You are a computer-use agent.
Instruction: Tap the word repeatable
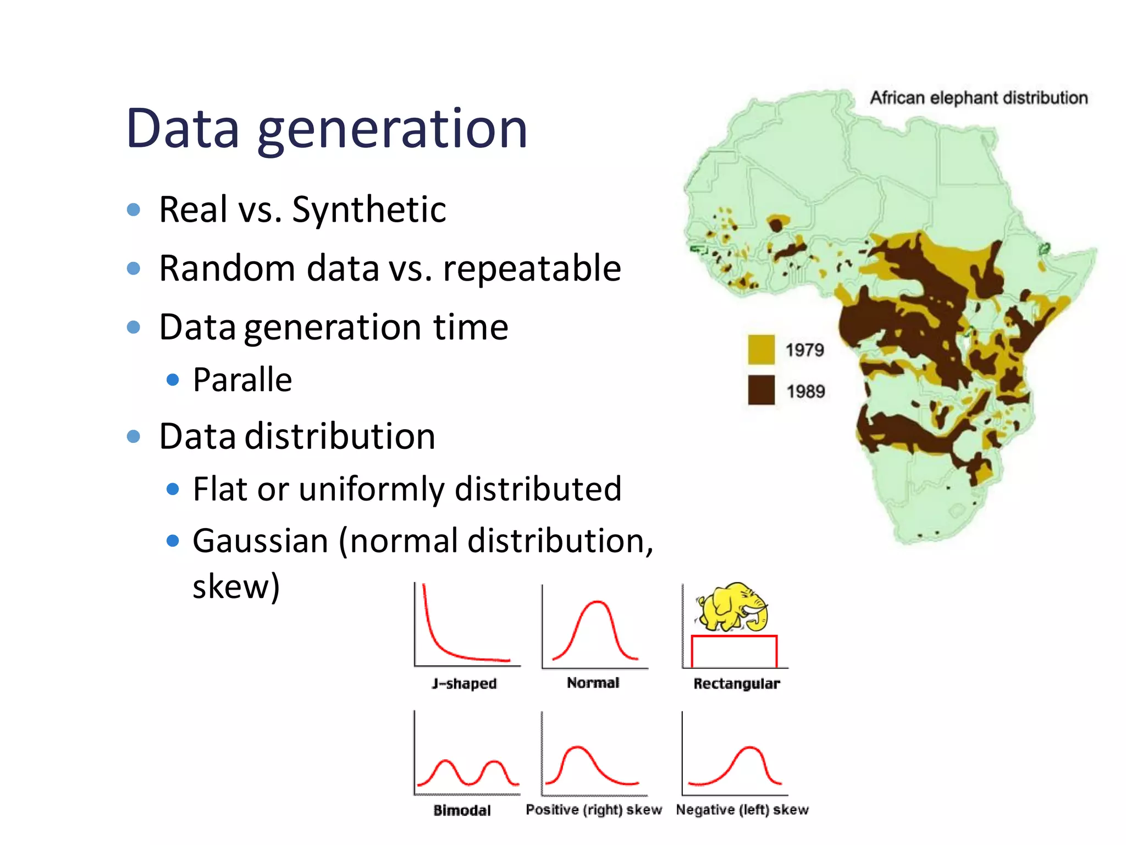532,268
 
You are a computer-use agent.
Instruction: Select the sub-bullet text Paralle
242,380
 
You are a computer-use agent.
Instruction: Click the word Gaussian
260,541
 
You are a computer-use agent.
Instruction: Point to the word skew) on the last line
236,586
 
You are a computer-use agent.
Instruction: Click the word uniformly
371,489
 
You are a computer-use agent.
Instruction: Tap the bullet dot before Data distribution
133,437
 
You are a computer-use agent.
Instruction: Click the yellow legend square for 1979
761,349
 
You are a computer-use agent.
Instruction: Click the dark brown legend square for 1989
761,390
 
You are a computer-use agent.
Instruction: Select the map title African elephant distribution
978,98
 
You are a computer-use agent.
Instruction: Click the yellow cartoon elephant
732,607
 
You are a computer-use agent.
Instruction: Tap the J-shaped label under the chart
464,684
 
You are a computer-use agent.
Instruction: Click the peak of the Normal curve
596,603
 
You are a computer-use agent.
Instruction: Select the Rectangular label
736,684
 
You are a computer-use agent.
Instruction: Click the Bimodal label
462,810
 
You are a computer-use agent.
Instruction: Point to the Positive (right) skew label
593,810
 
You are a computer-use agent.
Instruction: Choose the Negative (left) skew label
742,810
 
